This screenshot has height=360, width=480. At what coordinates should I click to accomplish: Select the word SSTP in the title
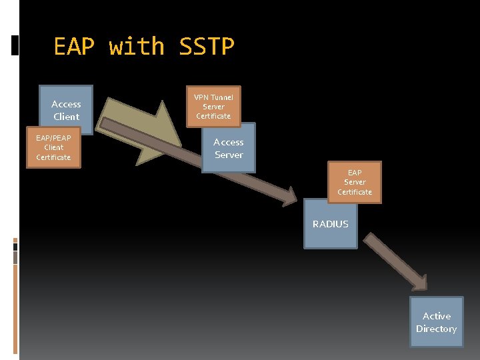click(x=207, y=47)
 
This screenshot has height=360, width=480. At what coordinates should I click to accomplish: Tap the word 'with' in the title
click(x=137, y=47)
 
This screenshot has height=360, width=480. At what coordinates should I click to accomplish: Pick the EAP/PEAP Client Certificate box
click(x=53, y=147)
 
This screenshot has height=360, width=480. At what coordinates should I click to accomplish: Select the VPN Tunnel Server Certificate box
click(x=213, y=107)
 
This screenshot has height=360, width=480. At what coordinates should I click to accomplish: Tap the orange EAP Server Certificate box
click(x=355, y=182)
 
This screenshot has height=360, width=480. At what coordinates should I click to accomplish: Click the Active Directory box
click(x=437, y=323)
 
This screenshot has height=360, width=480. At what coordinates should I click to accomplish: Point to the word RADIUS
click(x=331, y=224)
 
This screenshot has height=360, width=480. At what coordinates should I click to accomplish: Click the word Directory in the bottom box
click(x=437, y=329)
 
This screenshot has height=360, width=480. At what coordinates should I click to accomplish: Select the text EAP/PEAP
click(x=53, y=138)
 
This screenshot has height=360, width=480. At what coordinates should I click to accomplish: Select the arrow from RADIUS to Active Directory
click(x=397, y=261)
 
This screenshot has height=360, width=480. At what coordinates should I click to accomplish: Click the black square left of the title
click(x=15, y=46)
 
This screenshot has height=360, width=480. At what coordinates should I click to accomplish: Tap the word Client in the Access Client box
click(x=66, y=117)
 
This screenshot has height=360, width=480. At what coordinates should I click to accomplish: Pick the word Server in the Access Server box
click(x=229, y=155)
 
